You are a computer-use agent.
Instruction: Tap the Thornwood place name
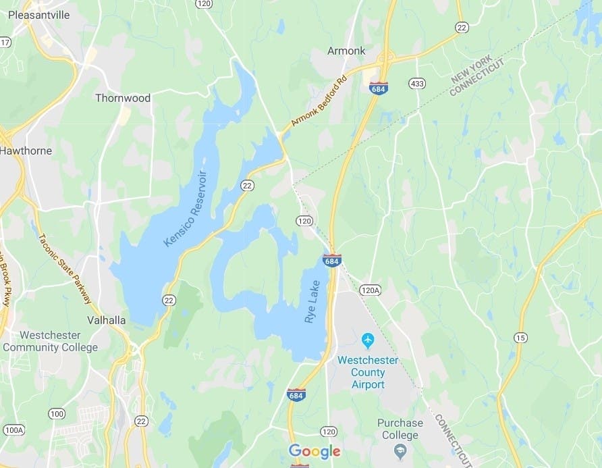tap(122, 98)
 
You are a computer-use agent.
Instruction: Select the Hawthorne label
tap(26, 151)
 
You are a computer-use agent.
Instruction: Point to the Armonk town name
tap(346, 51)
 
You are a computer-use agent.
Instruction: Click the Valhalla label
tap(107, 320)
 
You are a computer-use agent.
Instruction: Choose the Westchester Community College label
tap(50, 341)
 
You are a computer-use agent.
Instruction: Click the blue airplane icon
tap(368, 338)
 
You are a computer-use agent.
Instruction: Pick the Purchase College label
tap(400, 429)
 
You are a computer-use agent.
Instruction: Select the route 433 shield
tap(416, 83)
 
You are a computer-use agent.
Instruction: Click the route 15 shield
tap(519, 338)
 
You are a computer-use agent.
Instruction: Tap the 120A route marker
tap(370, 290)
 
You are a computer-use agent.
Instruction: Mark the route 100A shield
tap(13, 430)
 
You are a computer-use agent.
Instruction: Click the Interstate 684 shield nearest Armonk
tap(379, 88)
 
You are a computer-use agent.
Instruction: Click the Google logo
tap(314, 450)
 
